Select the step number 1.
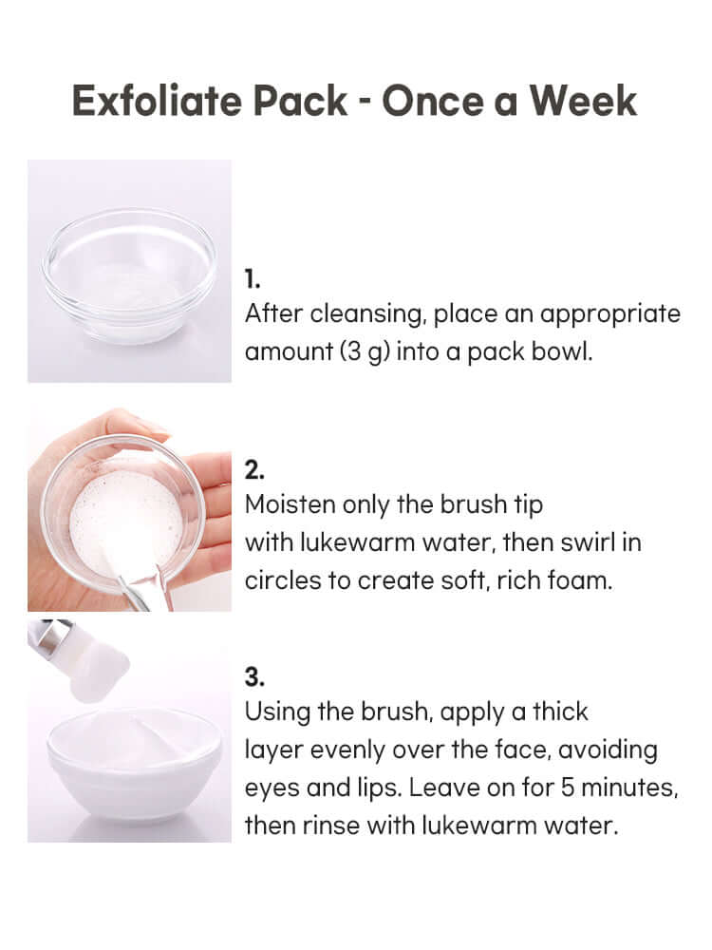coord(252,279)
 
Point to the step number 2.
coord(254,470)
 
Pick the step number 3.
coord(254,677)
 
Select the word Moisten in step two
coord(290,504)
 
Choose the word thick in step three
coord(560,712)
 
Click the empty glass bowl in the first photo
coord(129,275)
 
